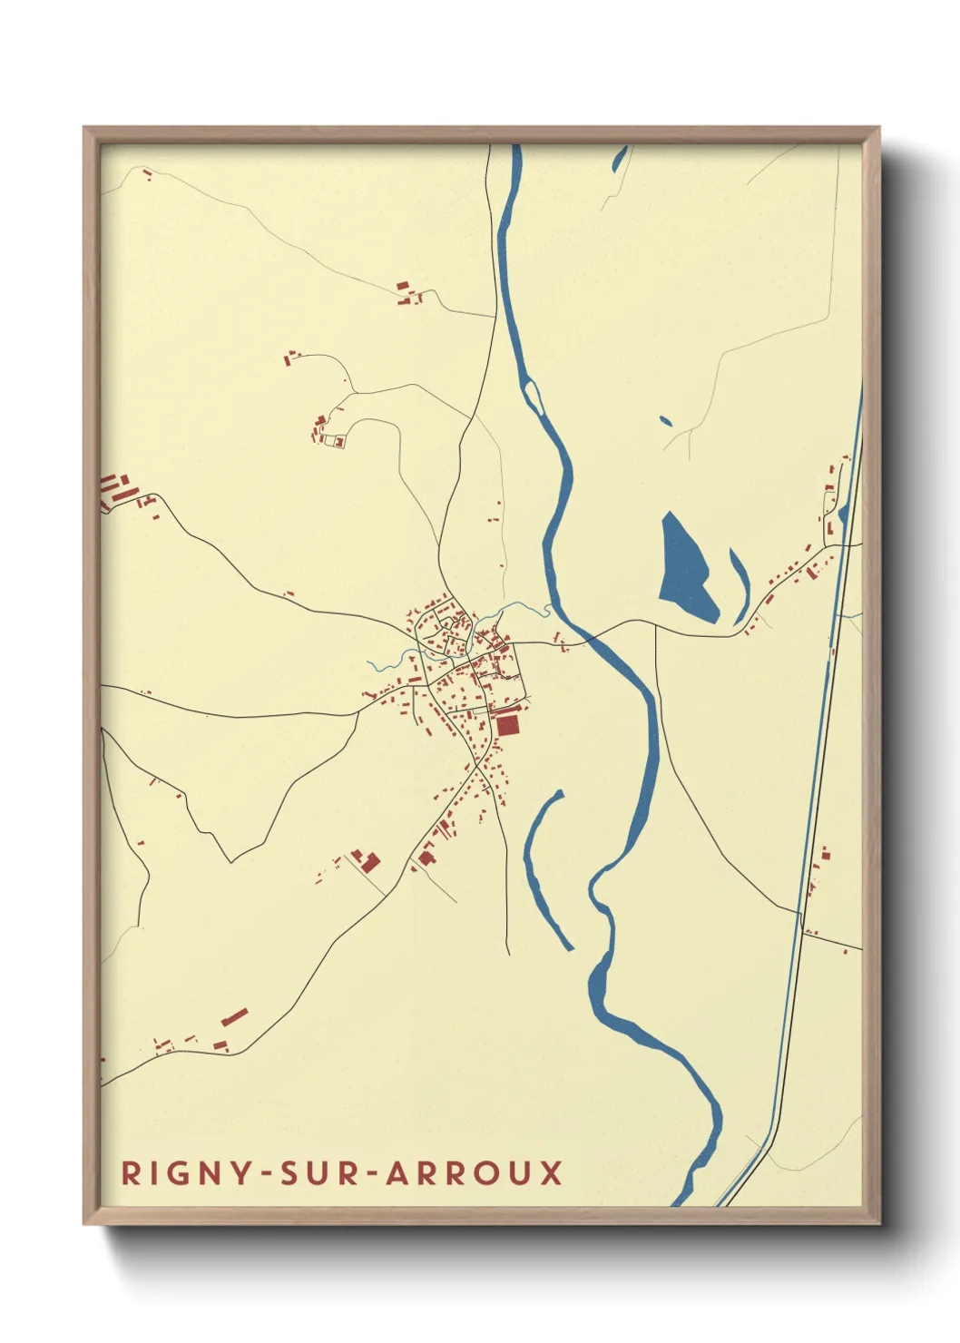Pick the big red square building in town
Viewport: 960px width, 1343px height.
pyautogui.click(x=507, y=724)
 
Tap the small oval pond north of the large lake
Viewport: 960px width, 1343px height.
pyautogui.click(x=666, y=421)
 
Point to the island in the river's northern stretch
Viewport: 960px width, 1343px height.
pyautogui.click(x=533, y=395)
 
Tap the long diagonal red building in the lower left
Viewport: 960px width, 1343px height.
pyautogui.click(x=234, y=1016)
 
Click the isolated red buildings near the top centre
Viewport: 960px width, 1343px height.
pyautogui.click(x=406, y=290)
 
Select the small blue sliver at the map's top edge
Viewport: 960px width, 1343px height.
pyautogui.click(x=621, y=159)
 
